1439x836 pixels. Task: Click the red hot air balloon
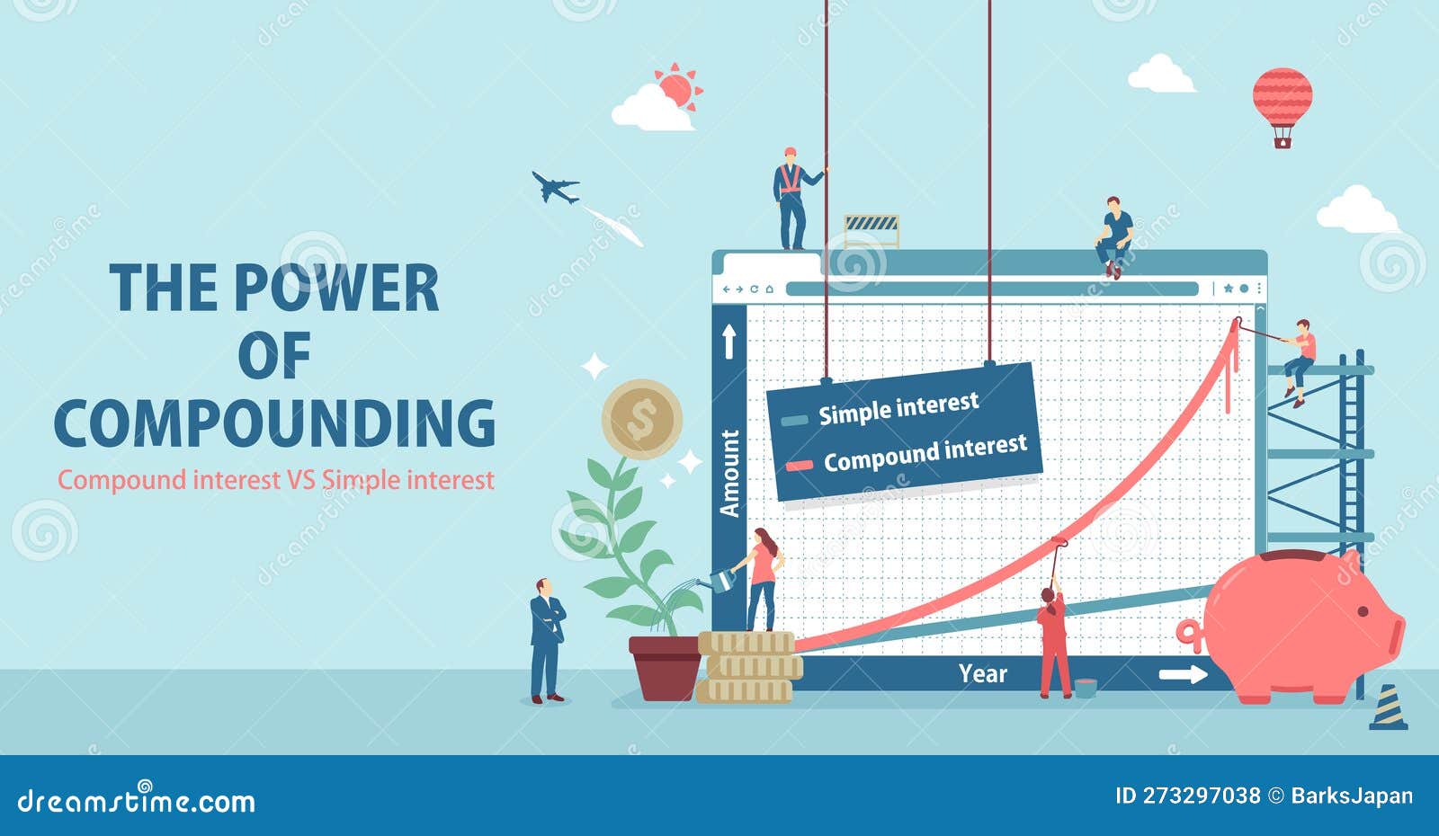[x=1283, y=106]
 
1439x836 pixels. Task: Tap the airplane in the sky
[x=555, y=187]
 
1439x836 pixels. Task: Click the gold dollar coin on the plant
[x=642, y=419]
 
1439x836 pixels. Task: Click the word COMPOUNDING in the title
[x=275, y=423]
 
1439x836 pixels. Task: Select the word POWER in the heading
[x=336, y=288]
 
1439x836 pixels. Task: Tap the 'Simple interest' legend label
[x=898, y=408]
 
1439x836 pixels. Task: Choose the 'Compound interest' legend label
[x=925, y=453]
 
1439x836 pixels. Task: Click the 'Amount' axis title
[x=729, y=473]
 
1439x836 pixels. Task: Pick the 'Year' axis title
[x=983, y=673]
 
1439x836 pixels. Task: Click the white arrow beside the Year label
[x=1184, y=674]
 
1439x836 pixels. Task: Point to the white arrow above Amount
[x=729, y=341]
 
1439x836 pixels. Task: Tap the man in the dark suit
[x=547, y=640]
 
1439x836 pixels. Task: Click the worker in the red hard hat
[x=793, y=199]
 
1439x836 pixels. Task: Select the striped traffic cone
[x=1389, y=707]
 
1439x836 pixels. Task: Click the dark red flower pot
[x=665, y=668]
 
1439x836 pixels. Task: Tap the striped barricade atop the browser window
[x=871, y=230]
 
